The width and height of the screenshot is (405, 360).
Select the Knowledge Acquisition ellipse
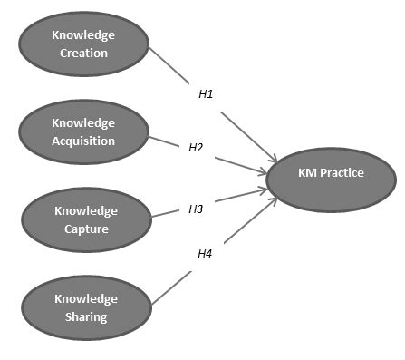(x=85, y=132)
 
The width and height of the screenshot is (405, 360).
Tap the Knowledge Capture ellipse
(x=85, y=220)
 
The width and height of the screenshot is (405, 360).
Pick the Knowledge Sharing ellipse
(x=85, y=308)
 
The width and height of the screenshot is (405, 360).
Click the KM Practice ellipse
(x=331, y=173)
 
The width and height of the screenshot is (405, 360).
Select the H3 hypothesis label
(x=196, y=209)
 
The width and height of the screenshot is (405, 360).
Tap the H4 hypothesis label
(x=205, y=253)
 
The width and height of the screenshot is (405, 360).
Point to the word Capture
(x=85, y=229)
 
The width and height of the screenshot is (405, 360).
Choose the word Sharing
(x=85, y=316)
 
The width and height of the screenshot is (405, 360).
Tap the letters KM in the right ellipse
(x=308, y=172)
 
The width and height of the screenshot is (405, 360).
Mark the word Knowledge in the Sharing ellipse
(x=85, y=299)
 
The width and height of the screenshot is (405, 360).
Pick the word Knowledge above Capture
(x=85, y=211)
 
